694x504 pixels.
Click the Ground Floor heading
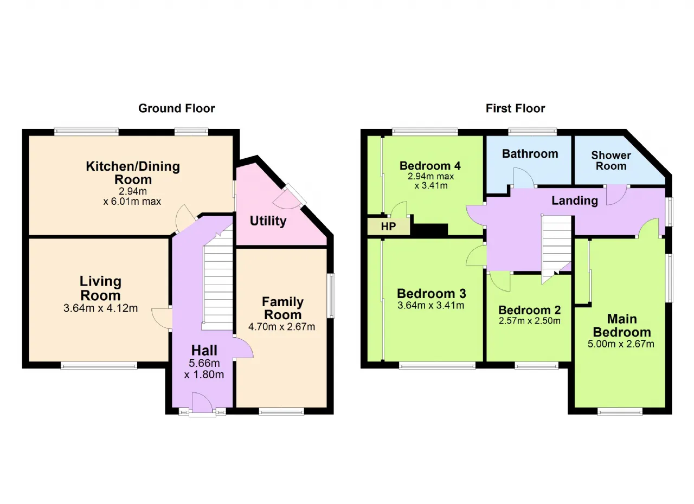tap(177, 108)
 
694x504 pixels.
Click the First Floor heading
tap(515, 108)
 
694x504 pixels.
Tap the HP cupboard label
tap(388, 227)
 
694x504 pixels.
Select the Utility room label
tap(268, 221)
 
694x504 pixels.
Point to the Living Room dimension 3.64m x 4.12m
tap(100, 308)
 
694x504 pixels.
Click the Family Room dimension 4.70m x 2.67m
tap(281, 327)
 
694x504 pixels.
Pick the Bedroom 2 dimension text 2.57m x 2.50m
tap(530, 321)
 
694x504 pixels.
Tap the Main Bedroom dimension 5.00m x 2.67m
tap(621, 344)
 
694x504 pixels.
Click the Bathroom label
tap(530, 154)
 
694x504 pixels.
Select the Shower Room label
tap(611, 160)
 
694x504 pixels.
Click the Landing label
tap(575, 201)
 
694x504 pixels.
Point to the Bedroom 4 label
tap(430, 166)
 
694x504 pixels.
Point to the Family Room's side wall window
tap(331, 295)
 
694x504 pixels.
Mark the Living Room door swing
tap(162, 319)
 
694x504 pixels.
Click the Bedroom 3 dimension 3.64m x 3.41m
tap(430, 306)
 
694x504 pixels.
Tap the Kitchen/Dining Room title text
tap(133, 173)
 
